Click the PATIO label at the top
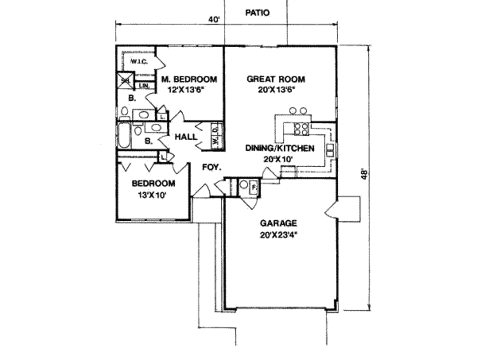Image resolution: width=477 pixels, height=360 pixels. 257,13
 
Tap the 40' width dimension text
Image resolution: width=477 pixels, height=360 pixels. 214,19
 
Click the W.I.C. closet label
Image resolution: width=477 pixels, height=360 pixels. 138,61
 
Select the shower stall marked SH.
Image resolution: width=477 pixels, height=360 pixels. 125,81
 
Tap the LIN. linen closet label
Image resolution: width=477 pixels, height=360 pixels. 144,86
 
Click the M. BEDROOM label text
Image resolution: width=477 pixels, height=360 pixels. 189,80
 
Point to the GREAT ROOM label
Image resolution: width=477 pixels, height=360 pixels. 276,79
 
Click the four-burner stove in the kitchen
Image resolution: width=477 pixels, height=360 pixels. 301,129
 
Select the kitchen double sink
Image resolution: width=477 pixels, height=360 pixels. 330,150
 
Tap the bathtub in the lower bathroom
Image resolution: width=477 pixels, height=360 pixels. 124,135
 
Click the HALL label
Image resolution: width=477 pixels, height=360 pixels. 185,137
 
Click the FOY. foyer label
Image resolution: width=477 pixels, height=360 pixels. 211,167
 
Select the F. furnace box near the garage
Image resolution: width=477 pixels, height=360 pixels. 254,187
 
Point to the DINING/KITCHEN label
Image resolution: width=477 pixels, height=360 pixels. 280,149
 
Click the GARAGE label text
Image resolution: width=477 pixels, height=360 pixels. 279,223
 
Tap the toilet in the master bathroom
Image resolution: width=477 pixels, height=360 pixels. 124,111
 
